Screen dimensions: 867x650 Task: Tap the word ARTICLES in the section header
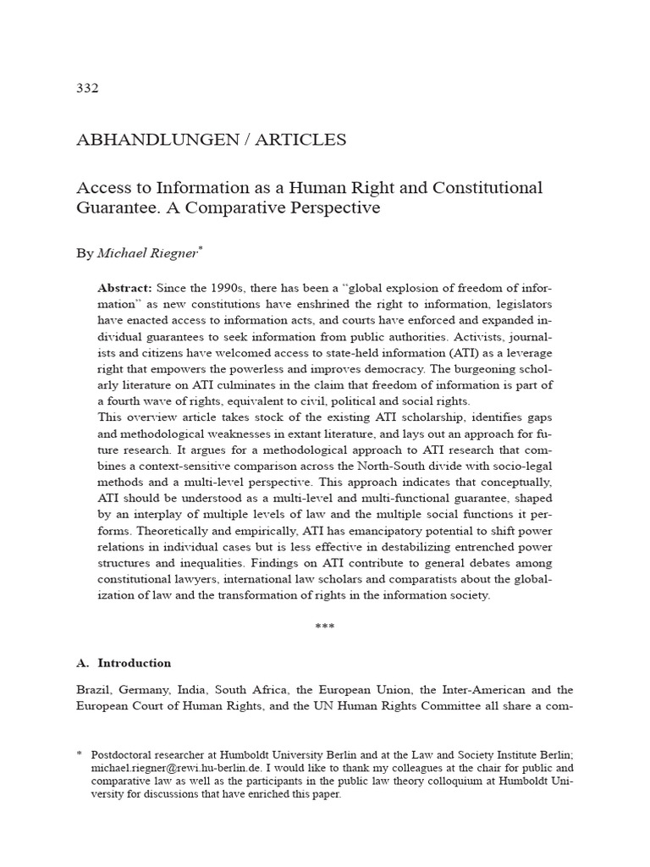point(300,140)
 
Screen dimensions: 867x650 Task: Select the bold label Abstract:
point(124,288)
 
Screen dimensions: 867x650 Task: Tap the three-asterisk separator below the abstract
point(325,627)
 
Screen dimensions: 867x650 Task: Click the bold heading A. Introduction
point(124,663)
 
